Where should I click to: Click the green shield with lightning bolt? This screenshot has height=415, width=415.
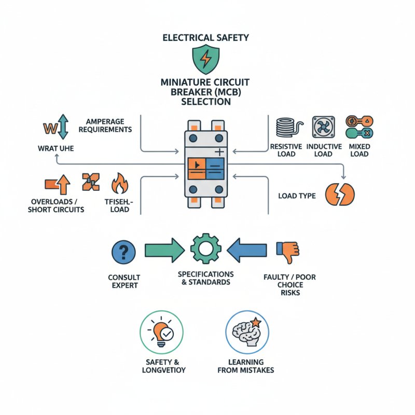(x=206, y=59)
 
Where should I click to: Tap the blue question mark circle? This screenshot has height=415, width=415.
(x=123, y=253)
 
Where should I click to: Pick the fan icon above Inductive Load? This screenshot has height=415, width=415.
(x=321, y=127)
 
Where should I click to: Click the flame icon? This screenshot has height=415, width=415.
(x=119, y=185)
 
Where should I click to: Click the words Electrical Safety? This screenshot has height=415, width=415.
(x=206, y=37)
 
